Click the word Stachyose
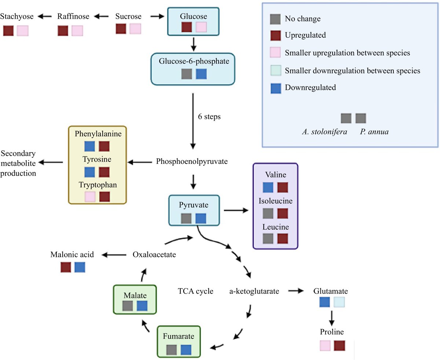coord(17,16)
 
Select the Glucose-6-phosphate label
coord(194,61)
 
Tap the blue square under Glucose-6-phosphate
coord(201,74)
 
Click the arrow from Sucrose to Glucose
coord(157,16)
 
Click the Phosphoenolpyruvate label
coord(192,161)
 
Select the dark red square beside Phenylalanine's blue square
coord(104,147)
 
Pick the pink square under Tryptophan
coord(90,196)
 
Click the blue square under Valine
coord(268,187)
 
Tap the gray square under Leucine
coord(268,239)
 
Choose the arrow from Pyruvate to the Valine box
coord(235,210)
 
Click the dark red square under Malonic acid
coord(66,267)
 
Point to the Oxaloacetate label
coord(154,254)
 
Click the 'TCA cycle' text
coord(195,292)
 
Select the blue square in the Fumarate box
coord(186,350)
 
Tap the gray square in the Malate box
coord(128,306)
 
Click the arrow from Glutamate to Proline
coord(332,318)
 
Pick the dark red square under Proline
coord(340,345)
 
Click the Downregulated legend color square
coord(275,88)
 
